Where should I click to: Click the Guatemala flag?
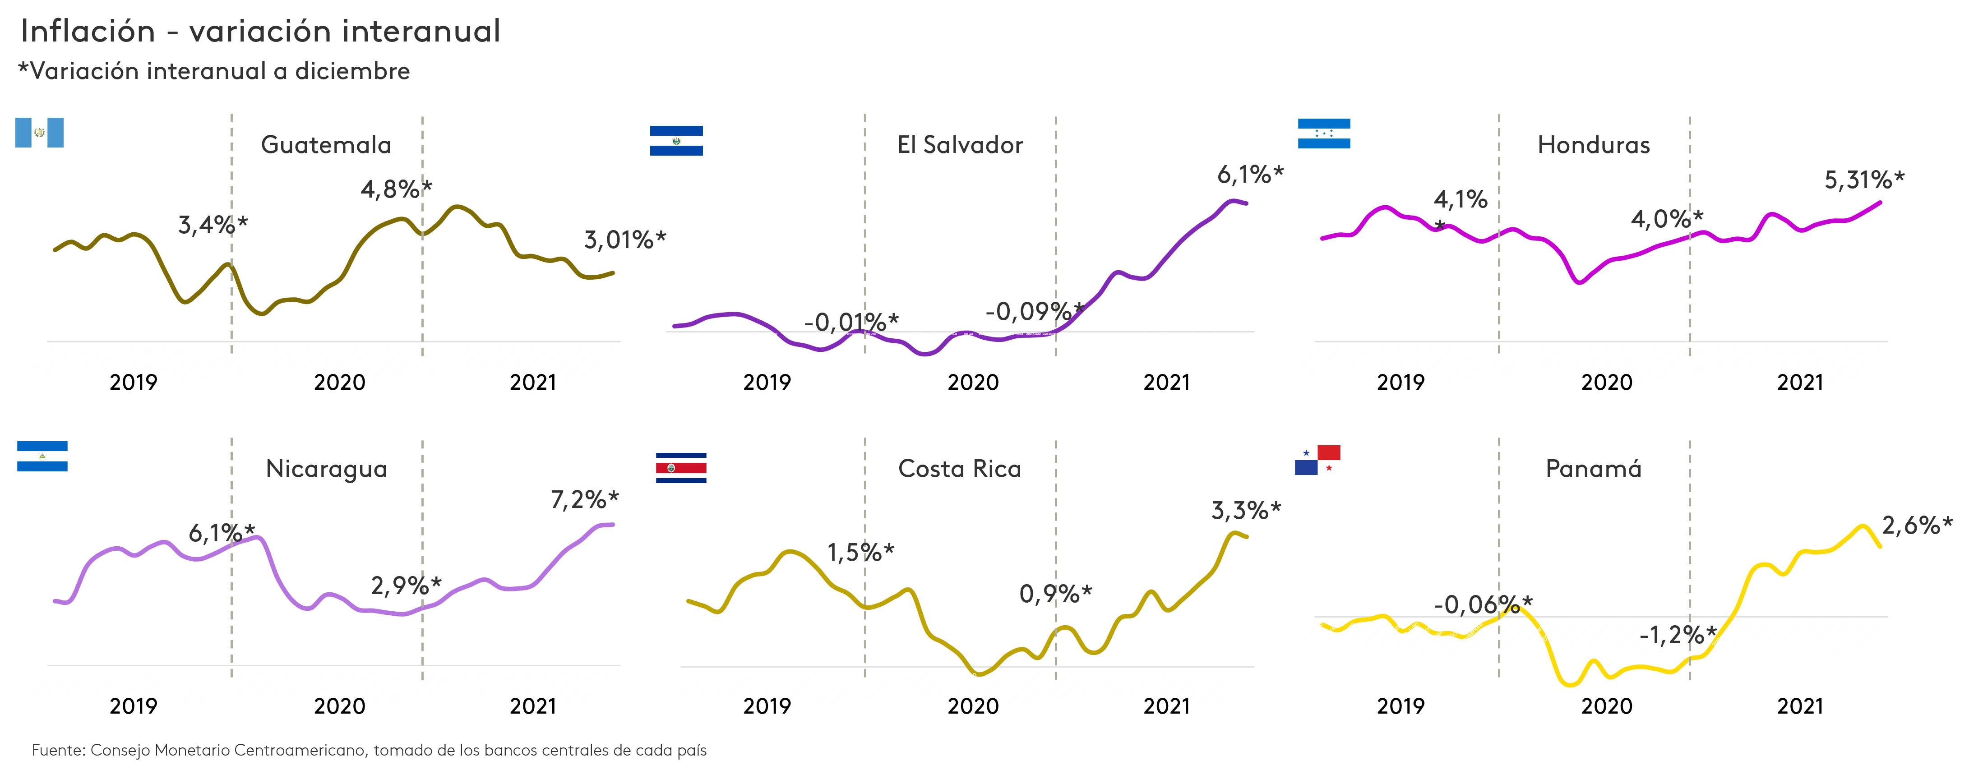(x=39, y=133)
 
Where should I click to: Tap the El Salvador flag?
(x=676, y=141)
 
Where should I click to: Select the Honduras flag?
(x=1324, y=134)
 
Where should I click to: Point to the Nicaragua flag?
(x=42, y=456)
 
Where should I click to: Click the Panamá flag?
(x=1317, y=460)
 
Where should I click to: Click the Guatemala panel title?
(x=326, y=145)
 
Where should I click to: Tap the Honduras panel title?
(x=1594, y=145)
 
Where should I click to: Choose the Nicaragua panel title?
(x=326, y=469)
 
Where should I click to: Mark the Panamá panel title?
(x=1594, y=469)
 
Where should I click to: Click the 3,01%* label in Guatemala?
(x=624, y=240)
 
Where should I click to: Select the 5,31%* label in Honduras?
(x=1864, y=180)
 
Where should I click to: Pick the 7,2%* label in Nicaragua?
(x=584, y=500)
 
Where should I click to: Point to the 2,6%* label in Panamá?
(x=1916, y=526)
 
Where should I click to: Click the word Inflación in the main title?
(x=88, y=31)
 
